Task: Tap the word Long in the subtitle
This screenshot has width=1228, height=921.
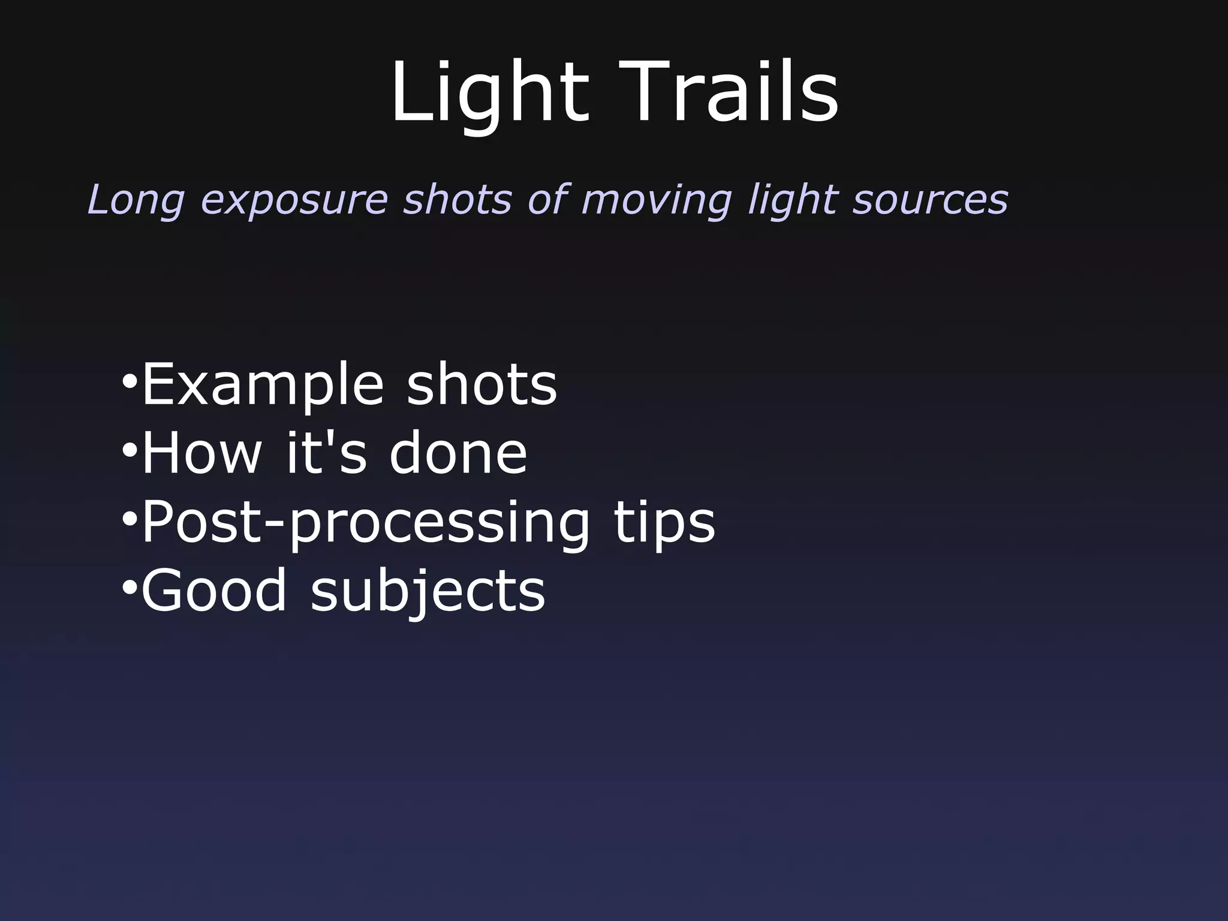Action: [136, 200]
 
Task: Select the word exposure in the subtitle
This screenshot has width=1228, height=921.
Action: [294, 201]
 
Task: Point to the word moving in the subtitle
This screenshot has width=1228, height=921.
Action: [657, 201]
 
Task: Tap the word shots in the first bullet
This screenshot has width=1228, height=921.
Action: [482, 384]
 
